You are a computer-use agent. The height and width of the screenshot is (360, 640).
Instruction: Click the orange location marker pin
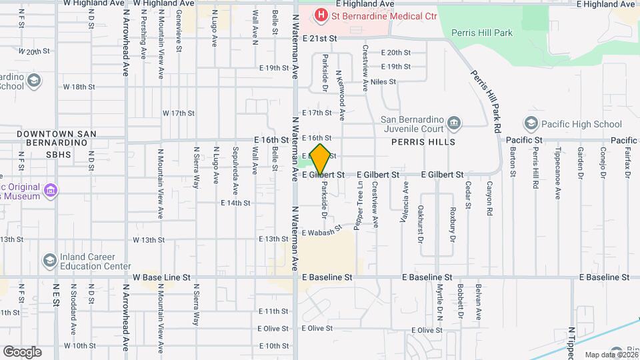pos(320,159)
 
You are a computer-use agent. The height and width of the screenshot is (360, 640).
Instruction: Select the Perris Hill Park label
pos(481,32)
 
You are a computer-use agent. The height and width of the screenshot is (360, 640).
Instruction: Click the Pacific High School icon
pos(531,124)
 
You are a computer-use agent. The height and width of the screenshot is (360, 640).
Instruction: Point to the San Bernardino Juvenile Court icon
pos(454,122)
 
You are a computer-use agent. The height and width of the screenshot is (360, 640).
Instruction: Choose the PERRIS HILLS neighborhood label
pos(423,143)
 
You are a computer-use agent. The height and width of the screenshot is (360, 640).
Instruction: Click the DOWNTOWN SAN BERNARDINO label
pos(57,139)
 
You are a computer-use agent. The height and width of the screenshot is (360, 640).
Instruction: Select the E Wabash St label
pos(321,231)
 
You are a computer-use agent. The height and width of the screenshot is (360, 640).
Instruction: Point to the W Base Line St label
pos(161,277)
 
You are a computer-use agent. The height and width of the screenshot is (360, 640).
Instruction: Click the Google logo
pos(22,351)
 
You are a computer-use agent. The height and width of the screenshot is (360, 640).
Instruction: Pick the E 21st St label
pos(320,39)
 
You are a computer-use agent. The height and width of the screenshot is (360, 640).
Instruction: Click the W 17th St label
pos(178,113)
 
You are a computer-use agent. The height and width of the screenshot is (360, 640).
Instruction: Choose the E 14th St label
pos(235,203)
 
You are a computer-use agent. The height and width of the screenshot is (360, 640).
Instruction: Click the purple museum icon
pos(50,192)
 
